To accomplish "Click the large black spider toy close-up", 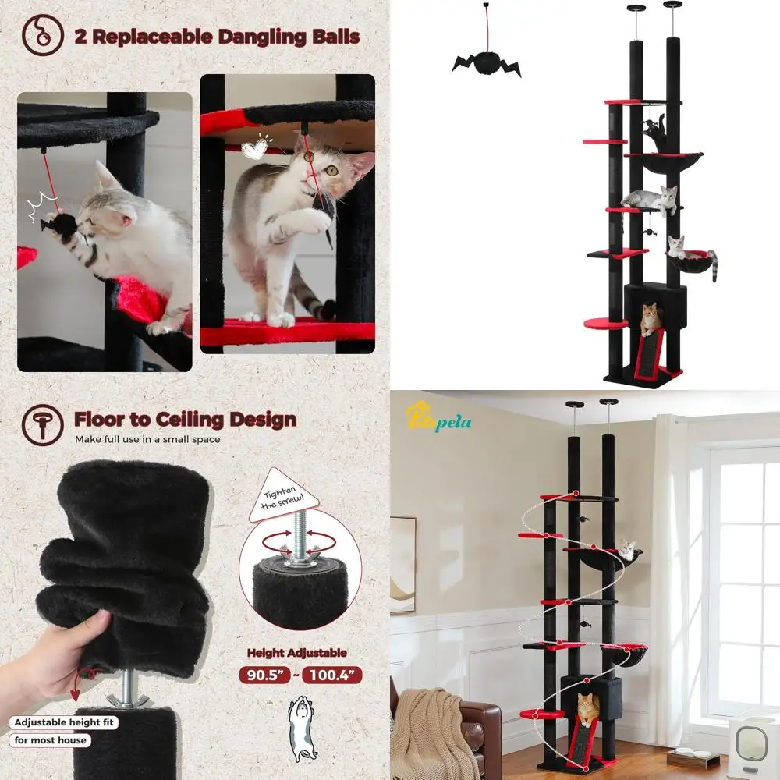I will (x=485, y=62).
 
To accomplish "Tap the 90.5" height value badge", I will (x=266, y=675).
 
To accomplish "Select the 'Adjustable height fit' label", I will (x=65, y=722).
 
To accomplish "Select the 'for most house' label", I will (x=51, y=740).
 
